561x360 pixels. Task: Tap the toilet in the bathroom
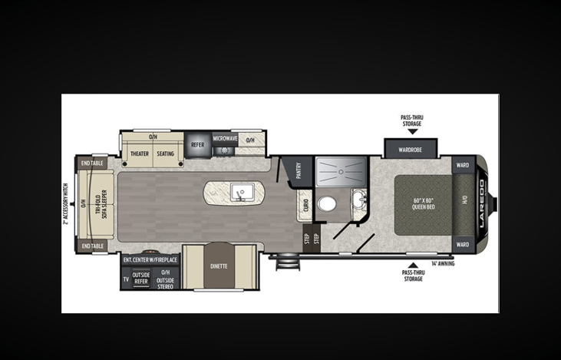click(326, 203)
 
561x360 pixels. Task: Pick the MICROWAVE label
click(225, 139)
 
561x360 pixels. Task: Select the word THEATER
click(140, 154)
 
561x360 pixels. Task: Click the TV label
click(125, 279)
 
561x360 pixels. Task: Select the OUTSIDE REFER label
click(141, 278)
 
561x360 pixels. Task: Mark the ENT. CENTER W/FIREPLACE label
click(150, 260)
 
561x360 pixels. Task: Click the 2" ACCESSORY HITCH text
click(67, 203)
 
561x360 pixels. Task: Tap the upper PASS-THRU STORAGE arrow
click(413, 132)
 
